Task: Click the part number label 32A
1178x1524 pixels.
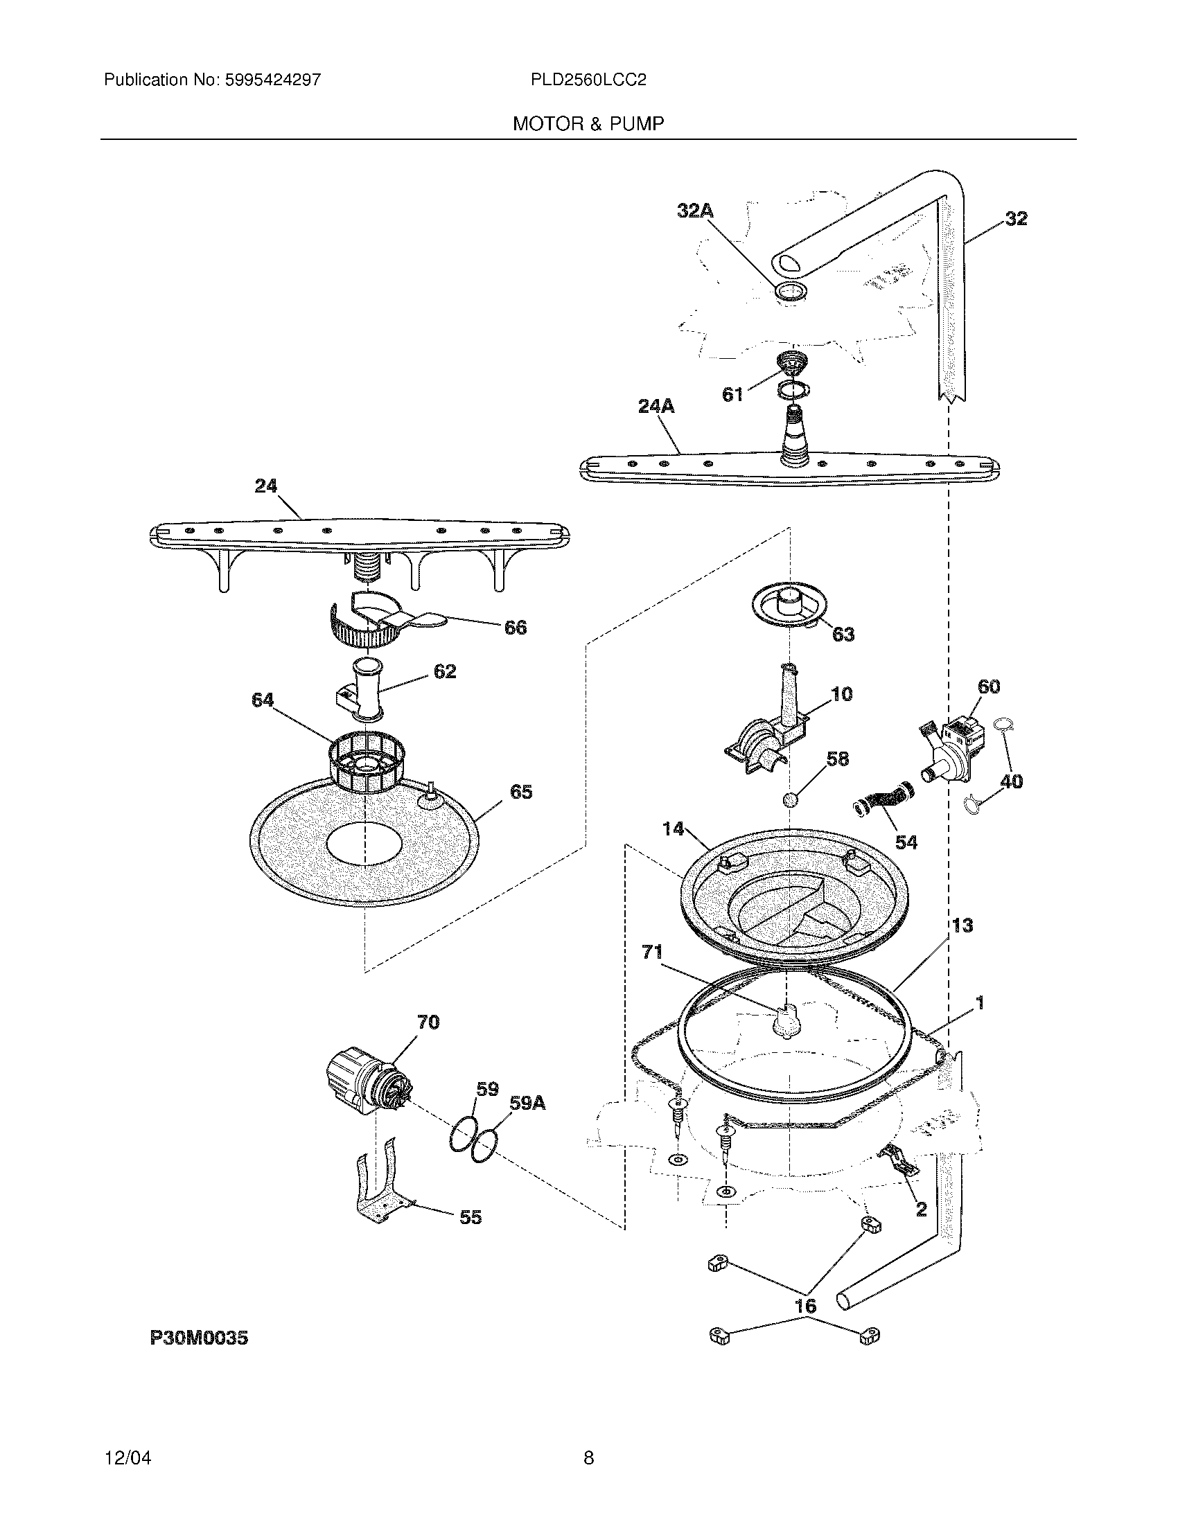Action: coord(695,211)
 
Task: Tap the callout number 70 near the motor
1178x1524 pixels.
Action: coord(428,1023)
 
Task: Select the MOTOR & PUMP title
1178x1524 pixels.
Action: coord(588,124)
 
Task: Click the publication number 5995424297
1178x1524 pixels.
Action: coord(272,80)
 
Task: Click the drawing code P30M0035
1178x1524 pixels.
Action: coord(199,1338)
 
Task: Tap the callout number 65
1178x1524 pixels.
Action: coord(521,792)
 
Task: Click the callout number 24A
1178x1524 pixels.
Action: coord(656,406)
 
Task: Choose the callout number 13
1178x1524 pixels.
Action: coord(962,925)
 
